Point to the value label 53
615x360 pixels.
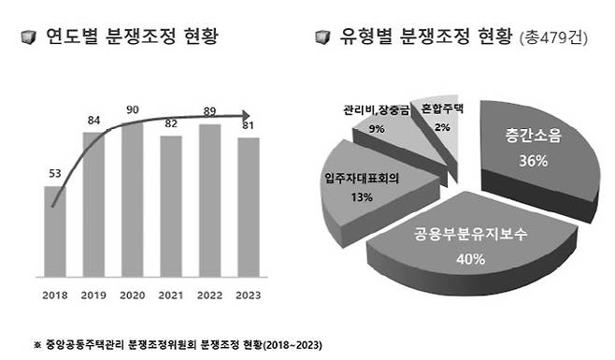55,172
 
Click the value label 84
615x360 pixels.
94,120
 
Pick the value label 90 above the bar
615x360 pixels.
132,109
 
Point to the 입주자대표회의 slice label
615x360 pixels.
359,179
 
